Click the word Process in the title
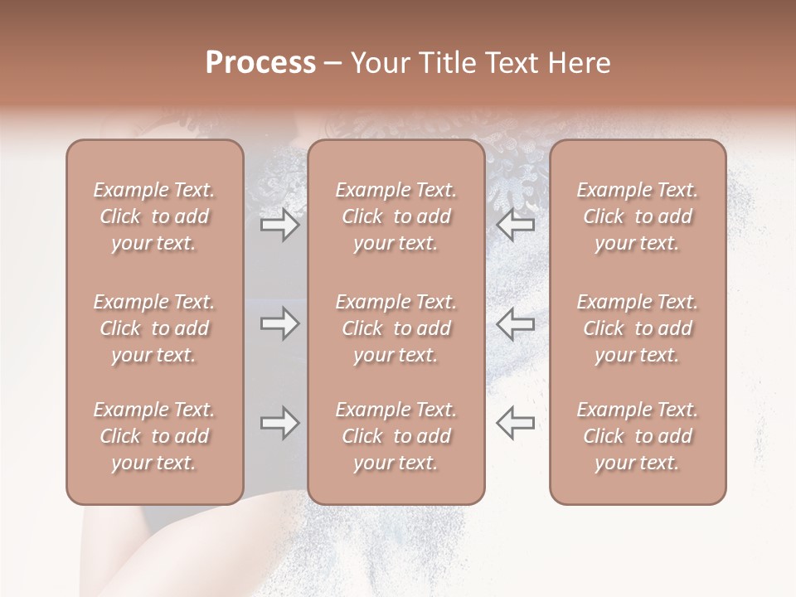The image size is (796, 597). click(260, 63)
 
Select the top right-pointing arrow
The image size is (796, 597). click(279, 225)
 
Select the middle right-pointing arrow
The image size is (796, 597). click(279, 323)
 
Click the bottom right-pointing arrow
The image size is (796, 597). click(279, 423)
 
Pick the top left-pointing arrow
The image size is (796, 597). click(516, 225)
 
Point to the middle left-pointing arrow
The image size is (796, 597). click(516, 323)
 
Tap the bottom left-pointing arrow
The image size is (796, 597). click(516, 423)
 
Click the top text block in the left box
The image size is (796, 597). click(154, 216)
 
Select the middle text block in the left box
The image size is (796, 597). click(154, 328)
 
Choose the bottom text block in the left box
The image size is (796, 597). click(154, 436)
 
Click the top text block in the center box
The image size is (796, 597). click(396, 216)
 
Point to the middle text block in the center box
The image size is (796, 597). click(396, 328)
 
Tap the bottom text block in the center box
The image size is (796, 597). click(396, 436)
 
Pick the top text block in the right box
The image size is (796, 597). click(638, 216)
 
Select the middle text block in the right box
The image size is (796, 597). click(638, 328)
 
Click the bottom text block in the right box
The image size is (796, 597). click(638, 436)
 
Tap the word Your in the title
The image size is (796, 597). click(377, 63)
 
